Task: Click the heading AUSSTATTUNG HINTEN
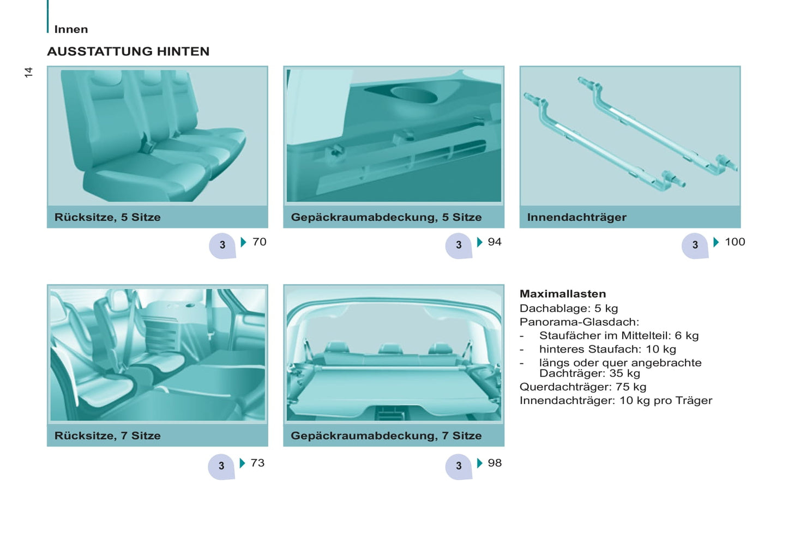(128, 51)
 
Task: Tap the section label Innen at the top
(71, 29)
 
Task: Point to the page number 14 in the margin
(28, 72)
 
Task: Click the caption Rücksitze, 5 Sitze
(107, 217)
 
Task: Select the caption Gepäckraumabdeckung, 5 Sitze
(386, 217)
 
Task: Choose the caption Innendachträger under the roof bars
(577, 217)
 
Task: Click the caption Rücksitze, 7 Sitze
(107, 436)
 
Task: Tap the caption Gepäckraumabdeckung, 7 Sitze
(386, 436)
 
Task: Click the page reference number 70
(259, 242)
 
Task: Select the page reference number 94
(495, 242)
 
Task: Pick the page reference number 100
(735, 242)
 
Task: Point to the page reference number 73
(257, 463)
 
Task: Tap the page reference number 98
(495, 463)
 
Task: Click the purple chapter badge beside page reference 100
(695, 246)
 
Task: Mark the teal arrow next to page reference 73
(242, 463)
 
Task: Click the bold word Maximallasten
(563, 294)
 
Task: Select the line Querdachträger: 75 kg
(583, 387)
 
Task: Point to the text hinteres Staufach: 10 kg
(607, 349)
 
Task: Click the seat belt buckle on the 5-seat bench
(147, 145)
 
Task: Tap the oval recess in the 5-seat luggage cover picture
(414, 95)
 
